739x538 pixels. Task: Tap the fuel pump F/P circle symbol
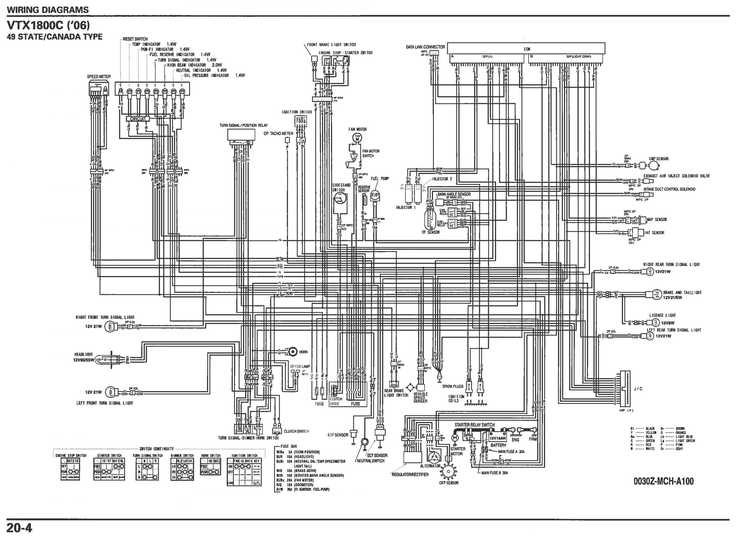point(375,195)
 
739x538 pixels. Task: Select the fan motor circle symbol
point(358,138)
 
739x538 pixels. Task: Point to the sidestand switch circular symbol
point(340,198)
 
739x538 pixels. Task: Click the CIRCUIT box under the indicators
point(138,119)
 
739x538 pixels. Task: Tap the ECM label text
point(527,49)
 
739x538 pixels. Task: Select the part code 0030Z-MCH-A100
point(663,481)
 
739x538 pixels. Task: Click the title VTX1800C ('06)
point(48,25)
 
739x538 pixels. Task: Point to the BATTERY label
point(498,445)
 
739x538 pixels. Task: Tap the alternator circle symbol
point(434,457)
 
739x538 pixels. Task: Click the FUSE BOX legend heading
point(289,446)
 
